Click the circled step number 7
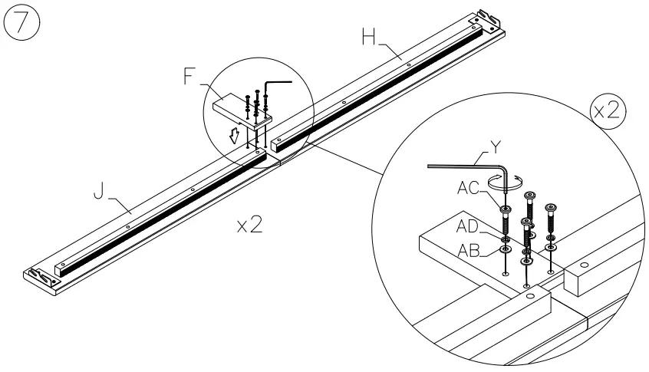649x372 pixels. [23, 22]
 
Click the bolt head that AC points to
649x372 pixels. [506, 209]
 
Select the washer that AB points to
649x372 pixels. [506, 250]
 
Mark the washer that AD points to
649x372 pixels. [506, 240]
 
